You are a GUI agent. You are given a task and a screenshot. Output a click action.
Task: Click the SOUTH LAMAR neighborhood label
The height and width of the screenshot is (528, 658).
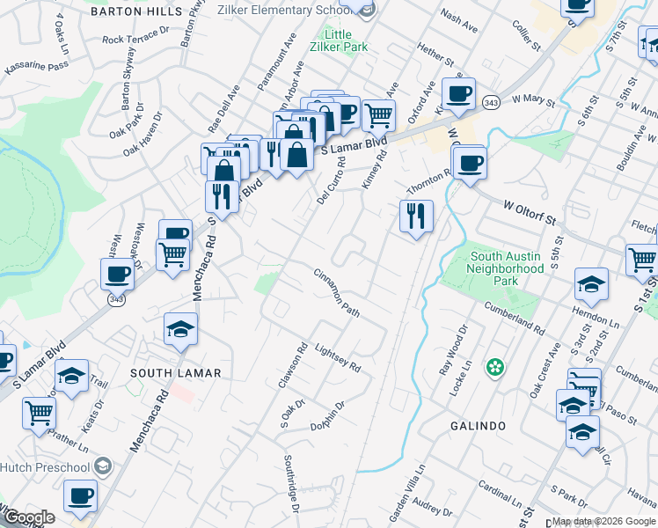tap(176, 373)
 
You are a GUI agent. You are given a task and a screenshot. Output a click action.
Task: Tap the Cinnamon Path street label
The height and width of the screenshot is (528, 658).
tap(337, 293)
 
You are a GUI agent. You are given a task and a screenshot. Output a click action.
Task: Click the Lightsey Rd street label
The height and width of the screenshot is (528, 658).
tap(337, 356)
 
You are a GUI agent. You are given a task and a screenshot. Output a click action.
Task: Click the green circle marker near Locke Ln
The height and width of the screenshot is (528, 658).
tap(495, 366)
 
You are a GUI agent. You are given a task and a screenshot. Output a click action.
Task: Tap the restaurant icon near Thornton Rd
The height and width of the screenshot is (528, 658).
tap(415, 215)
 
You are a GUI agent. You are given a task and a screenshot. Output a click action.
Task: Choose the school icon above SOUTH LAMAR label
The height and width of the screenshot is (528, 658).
tap(181, 328)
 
